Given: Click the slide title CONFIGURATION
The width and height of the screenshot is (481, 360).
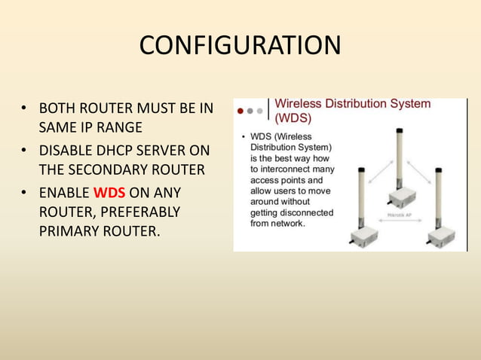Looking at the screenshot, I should [x=240, y=45].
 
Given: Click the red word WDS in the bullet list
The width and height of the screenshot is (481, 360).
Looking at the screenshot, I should [x=110, y=193].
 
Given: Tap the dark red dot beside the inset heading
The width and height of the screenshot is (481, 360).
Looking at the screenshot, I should [x=240, y=111].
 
